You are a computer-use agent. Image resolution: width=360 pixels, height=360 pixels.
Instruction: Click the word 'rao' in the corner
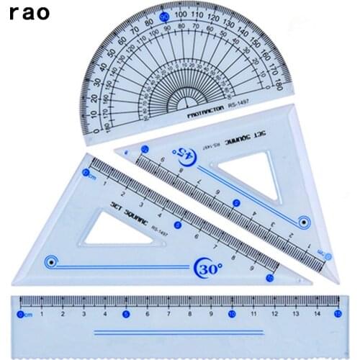pos(31,13)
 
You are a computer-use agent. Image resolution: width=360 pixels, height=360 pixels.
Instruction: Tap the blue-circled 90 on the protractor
pos(165,16)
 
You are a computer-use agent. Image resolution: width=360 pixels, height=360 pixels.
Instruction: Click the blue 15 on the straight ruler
pos(338,313)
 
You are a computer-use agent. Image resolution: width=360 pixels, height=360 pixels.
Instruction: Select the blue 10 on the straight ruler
pos(231,313)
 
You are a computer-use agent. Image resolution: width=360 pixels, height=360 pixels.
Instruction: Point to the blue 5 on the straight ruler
pos(126,313)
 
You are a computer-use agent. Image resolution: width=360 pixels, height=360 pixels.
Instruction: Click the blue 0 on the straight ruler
pos(20,313)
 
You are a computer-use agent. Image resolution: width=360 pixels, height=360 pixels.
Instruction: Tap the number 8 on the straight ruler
pos(189,313)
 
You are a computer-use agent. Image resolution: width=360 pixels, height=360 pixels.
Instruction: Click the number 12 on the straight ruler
pos(274,313)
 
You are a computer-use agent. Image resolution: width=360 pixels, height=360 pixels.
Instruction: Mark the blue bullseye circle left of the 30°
pos(50,261)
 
